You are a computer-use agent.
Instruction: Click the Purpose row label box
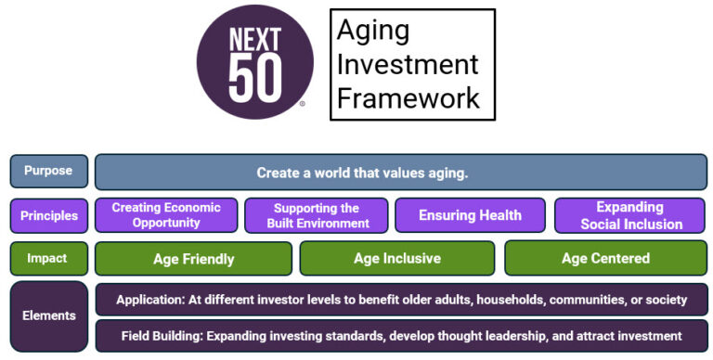coord(48,172)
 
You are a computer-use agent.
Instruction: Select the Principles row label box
coord(48,215)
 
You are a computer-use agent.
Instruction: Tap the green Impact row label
coord(48,258)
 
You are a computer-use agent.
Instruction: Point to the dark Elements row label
coord(48,316)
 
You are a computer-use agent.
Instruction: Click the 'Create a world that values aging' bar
coord(401,173)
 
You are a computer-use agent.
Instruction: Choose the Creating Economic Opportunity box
coord(166,215)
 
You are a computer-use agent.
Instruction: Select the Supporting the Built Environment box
coord(318,215)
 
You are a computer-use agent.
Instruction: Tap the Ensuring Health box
coord(470,215)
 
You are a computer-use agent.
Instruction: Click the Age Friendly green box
coord(193,259)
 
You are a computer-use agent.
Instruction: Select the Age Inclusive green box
coord(397,259)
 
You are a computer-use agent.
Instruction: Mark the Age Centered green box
coord(605,259)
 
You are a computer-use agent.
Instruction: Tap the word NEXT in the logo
coord(255,42)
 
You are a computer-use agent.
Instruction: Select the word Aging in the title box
coord(372,31)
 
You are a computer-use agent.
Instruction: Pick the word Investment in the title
coord(408,64)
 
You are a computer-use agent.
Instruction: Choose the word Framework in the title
coord(408,97)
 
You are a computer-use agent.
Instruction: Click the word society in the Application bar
coord(664,300)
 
